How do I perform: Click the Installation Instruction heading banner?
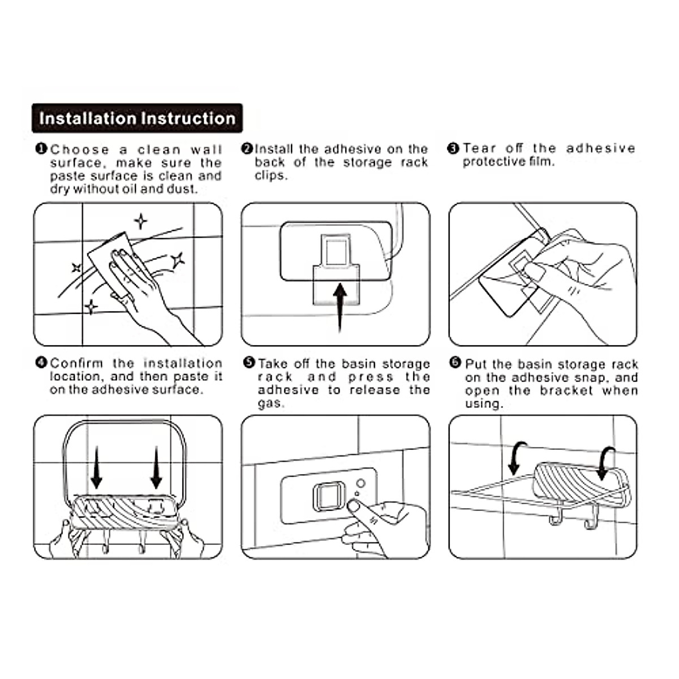[137, 118]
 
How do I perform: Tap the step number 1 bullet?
[41, 149]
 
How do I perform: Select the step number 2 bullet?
[247, 149]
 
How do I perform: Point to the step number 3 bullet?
[453, 149]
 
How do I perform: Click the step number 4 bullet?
[41, 363]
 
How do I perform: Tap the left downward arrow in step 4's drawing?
[97, 467]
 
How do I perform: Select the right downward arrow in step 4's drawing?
[156, 467]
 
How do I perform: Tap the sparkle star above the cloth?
[140, 221]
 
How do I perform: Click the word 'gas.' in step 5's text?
[271, 403]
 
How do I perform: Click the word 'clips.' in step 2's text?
[271, 175]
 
